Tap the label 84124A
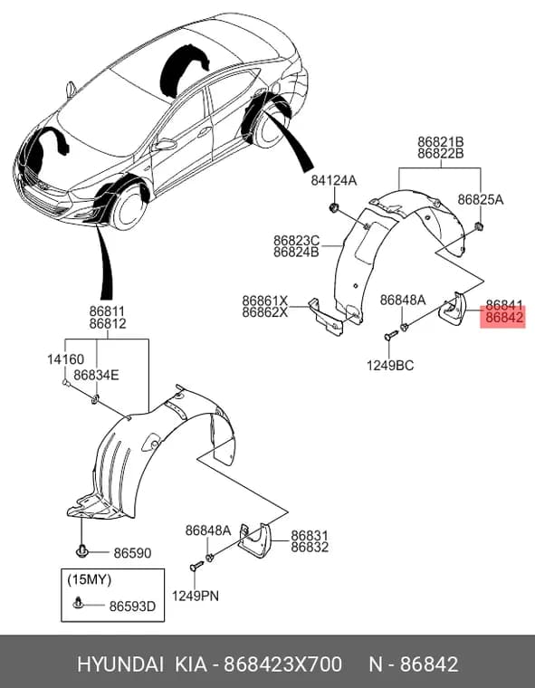click(x=334, y=180)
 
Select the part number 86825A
click(x=481, y=200)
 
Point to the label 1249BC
click(x=390, y=365)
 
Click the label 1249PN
click(x=196, y=596)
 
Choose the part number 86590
click(x=132, y=553)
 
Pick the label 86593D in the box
click(x=132, y=607)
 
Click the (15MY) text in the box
click(x=89, y=579)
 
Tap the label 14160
click(x=65, y=359)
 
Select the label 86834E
click(x=96, y=375)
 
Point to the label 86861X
click(x=265, y=301)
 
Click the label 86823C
click(x=297, y=241)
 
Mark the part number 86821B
click(x=440, y=142)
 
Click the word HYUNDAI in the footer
click(x=120, y=664)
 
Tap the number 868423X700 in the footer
click(x=282, y=664)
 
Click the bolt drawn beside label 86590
click(x=81, y=550)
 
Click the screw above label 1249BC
click(x=390, y=336)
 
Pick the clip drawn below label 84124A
click(x=334, y=207)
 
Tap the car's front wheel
click(x=129, y=206)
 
